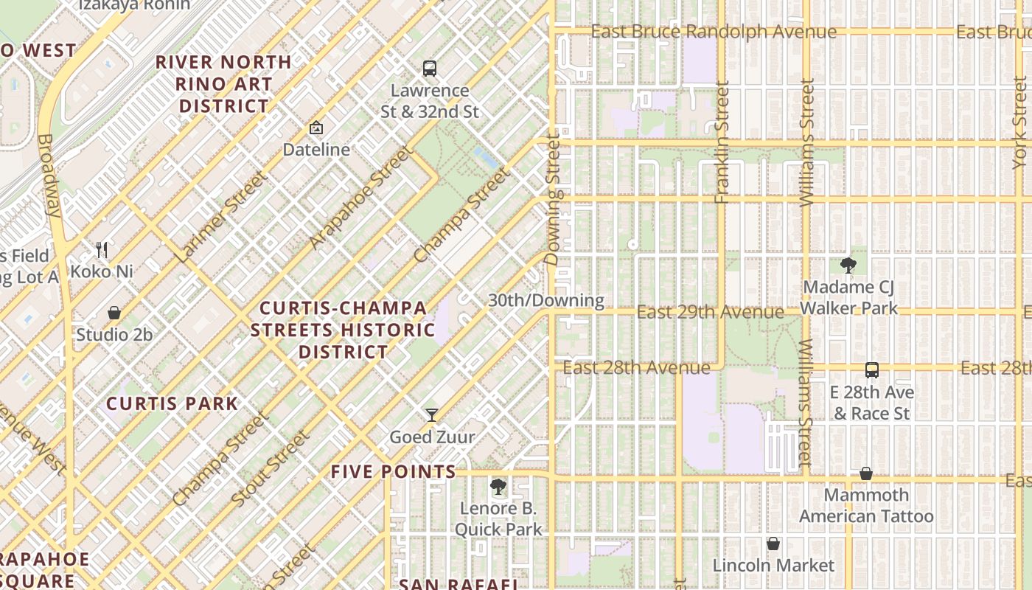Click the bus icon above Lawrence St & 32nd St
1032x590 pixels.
coord(430,69)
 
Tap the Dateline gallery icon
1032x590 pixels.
coord(316,128)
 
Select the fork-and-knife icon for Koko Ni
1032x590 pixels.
coord(102,250)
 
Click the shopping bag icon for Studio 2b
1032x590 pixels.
coord(114,313)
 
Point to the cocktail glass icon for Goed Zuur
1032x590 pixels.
coord(432,415)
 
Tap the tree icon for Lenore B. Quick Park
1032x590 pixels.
coord(498,487)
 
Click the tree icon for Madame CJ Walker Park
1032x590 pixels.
coord(848,265)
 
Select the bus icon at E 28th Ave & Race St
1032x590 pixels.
coord(872,370)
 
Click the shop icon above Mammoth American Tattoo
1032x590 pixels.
coord(866,473)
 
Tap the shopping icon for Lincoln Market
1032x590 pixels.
coord(773,544)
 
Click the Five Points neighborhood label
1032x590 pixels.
coord(394,471)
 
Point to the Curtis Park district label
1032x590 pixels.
coord(172,403)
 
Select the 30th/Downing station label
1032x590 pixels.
coord(546,300)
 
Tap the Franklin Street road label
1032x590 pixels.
coord(722,142)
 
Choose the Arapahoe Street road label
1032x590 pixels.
coord(359,198)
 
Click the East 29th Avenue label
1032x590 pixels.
coord(710,312)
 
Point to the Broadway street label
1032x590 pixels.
coord(49,175)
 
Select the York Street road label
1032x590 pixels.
coord(1020,122)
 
